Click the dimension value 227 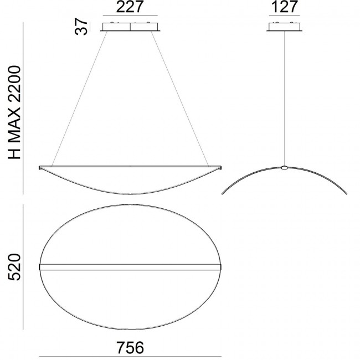pos(131,7)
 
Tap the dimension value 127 pos(284,7)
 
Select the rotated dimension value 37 pos(82,26)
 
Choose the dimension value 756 pos(131,348)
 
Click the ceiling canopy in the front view pos(131,27)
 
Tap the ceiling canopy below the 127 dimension pos(284,27)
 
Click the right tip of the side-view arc pos(347,194)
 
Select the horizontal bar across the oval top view pos(131,267)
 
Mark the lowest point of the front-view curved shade pos(131,194)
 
